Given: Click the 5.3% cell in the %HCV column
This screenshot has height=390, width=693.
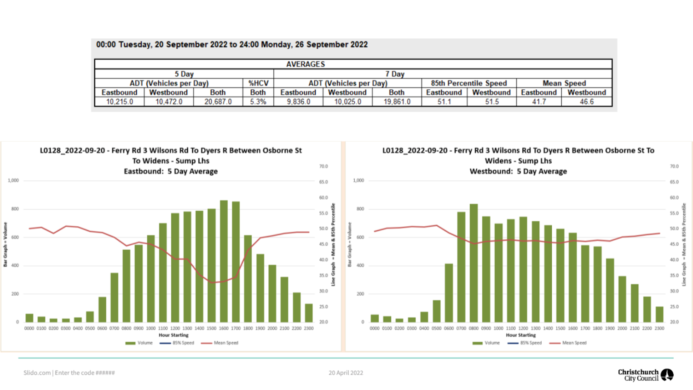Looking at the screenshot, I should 258,102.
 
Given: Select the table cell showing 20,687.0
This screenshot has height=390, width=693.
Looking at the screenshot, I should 218,102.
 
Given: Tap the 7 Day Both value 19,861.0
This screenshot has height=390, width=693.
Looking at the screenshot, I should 397,102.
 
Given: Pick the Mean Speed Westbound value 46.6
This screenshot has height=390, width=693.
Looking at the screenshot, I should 586,102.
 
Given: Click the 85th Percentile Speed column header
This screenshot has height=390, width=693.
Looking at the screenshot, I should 468,83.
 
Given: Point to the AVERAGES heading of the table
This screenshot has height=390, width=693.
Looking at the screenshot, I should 306,64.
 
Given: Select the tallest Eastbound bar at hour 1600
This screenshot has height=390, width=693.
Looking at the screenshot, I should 224,261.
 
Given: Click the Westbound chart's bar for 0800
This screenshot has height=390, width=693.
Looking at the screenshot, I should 474,263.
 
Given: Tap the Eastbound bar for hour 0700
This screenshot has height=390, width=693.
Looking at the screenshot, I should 114,298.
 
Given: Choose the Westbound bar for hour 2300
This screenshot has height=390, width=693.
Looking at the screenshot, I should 659,315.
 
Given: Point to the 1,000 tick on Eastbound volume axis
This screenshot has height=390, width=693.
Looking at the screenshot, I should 13,181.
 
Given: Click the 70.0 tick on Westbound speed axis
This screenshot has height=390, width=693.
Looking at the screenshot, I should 674,166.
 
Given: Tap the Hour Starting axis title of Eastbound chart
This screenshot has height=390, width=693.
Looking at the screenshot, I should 173,335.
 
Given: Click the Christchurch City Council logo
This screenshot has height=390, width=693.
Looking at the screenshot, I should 645,375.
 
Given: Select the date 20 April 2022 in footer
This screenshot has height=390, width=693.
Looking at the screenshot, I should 346,373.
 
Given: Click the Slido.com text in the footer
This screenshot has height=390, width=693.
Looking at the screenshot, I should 37,373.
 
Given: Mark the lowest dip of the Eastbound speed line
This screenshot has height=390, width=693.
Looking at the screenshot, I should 212,282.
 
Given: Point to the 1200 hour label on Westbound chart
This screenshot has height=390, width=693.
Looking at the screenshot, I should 523,328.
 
